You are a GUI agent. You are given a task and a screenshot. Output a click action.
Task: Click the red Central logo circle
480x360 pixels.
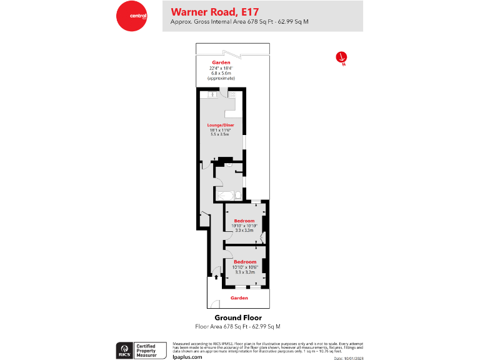pos(130,16)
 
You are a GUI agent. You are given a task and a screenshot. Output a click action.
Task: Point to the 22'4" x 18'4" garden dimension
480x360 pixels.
pos(221,68)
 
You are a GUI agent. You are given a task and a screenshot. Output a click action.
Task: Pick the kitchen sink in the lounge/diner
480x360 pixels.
pos(212,95)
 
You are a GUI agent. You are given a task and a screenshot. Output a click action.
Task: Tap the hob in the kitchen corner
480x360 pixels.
pos(232,95)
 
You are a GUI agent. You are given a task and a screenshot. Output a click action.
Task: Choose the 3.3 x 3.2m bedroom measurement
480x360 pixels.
pos(244,272)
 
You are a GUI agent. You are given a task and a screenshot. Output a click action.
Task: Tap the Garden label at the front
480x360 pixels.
pos(239,298)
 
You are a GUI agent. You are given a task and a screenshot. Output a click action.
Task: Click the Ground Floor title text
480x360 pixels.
pos(238,318)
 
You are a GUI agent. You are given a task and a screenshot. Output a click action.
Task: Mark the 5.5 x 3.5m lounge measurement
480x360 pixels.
pos(219,134)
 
